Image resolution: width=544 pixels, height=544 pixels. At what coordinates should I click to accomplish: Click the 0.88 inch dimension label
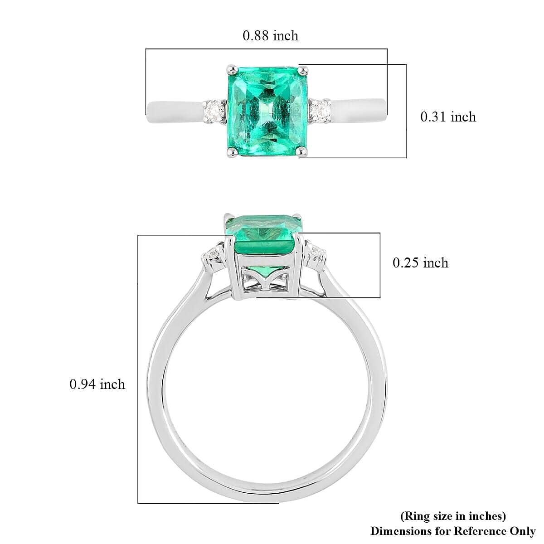click(x=270, y=36)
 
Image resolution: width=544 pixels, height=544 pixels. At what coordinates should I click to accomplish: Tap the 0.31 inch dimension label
click(x=448, y=117)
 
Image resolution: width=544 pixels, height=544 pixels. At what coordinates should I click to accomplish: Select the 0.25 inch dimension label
click(x=420, y=263)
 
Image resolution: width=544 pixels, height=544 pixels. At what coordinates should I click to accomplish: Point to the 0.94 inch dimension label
click(x=97, y=384)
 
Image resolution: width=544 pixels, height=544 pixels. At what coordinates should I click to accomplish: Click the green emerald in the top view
click(x=267, y=111)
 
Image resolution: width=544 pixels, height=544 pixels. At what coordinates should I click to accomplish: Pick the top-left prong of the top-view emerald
click(x=233, y=69)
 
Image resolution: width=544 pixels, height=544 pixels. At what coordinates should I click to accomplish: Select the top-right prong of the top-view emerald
click(x=303, y=69)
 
